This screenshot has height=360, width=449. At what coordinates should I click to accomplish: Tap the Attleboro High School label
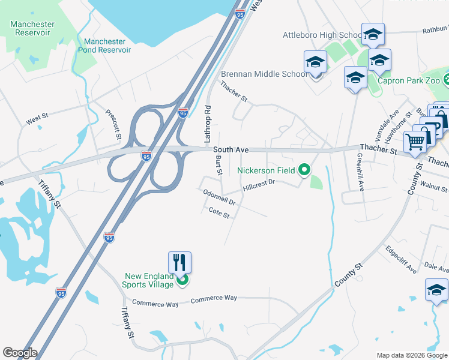coord(322,35)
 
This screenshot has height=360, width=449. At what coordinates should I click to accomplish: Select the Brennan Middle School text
coord(264,74)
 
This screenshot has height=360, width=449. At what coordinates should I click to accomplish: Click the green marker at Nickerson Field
coord(304,170)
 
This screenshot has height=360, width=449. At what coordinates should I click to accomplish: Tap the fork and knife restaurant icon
coord(179,262)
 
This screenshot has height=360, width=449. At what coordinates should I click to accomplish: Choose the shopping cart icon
coord(415,142)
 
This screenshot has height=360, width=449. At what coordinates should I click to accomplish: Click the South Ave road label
coord(231,149)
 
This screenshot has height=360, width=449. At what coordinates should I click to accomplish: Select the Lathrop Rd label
coord(208,124)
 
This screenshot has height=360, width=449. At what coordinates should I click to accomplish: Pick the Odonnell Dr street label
coord(219,197)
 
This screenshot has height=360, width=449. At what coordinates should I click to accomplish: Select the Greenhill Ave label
coord(360,172)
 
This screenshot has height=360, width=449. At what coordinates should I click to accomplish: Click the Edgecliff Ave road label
coord(401,260)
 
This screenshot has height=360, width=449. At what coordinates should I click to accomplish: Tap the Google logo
coord(19,353)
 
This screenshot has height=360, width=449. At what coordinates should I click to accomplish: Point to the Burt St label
coord(219,166)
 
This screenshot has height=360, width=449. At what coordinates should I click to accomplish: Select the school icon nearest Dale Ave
coord(436,290)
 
